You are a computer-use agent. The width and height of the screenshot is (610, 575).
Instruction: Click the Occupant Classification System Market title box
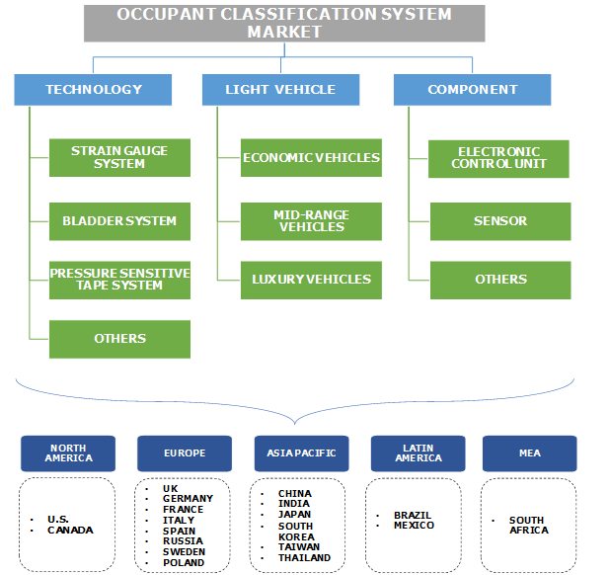[x=284, y=23]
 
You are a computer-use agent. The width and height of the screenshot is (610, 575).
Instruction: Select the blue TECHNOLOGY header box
[x=93, y=90]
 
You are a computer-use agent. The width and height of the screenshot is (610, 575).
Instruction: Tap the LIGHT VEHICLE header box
[x=281, y=90]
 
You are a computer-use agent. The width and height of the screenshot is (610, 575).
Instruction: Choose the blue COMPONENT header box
[x=472, y=90]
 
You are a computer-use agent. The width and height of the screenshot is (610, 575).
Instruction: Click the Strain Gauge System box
[x=119, y=158]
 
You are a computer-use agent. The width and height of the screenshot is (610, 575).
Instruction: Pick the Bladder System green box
[x=119, y=221]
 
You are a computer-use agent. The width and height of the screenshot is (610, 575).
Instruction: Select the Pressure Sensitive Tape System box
[x=119, y=280]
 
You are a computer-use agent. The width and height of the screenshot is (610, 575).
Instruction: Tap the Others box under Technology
[x=119, y=339]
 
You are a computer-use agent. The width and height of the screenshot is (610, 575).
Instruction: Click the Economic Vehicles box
[x=311, y=158]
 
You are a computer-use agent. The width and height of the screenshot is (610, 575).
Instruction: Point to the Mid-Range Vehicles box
[x=311, y=221]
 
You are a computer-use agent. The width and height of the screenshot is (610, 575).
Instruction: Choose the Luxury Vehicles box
[x=311, y=280]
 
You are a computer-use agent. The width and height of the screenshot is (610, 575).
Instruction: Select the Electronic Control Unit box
[x=499, y=158]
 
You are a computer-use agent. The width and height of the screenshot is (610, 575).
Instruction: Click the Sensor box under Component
[x=499, y=221]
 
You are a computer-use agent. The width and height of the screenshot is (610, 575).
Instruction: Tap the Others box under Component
[x=499, y=280]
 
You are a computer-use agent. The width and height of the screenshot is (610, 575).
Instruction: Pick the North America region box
[x=68, y=453]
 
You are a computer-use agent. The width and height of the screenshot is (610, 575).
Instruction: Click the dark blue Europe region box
[x=185, y=453]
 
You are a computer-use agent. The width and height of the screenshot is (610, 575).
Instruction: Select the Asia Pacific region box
[x=301, y=453]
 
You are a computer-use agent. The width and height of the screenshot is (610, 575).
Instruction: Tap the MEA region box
[x=529, y=453]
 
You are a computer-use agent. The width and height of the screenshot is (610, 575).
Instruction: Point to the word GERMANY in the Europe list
[x=188, y=499]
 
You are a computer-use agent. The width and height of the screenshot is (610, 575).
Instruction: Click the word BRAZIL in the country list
[x=413, y=516]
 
